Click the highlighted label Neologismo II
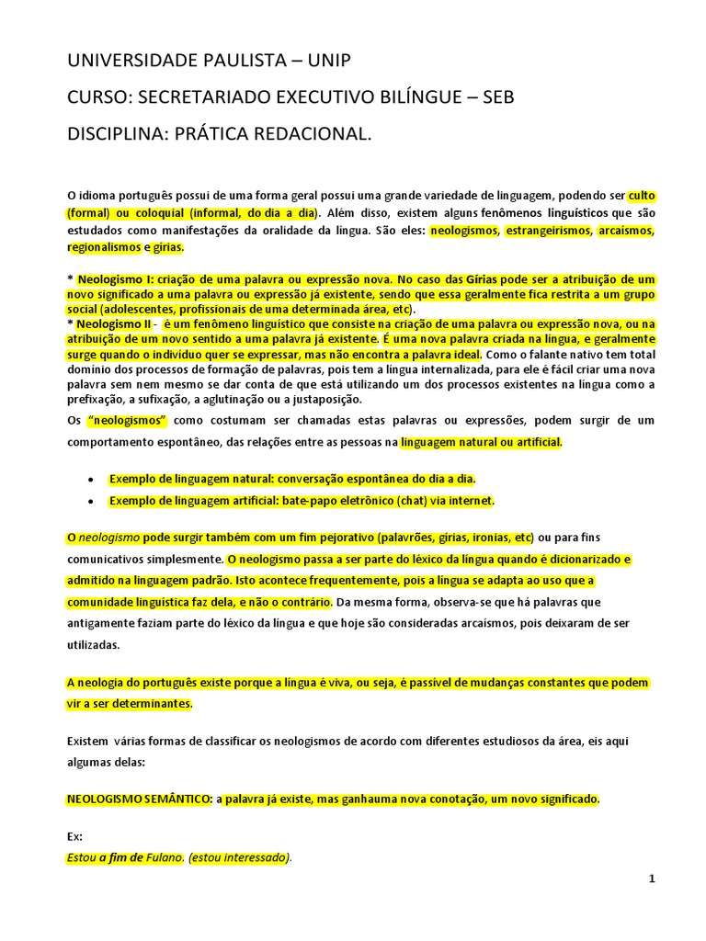(x=115, y=324)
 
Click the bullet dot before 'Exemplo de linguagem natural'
(x=89, y=480)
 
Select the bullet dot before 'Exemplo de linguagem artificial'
(x=89, y=502)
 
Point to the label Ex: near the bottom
(x=74, y=836)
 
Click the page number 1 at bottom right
(x=652, y=879)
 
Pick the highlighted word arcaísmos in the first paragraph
(x=626, y=230)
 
